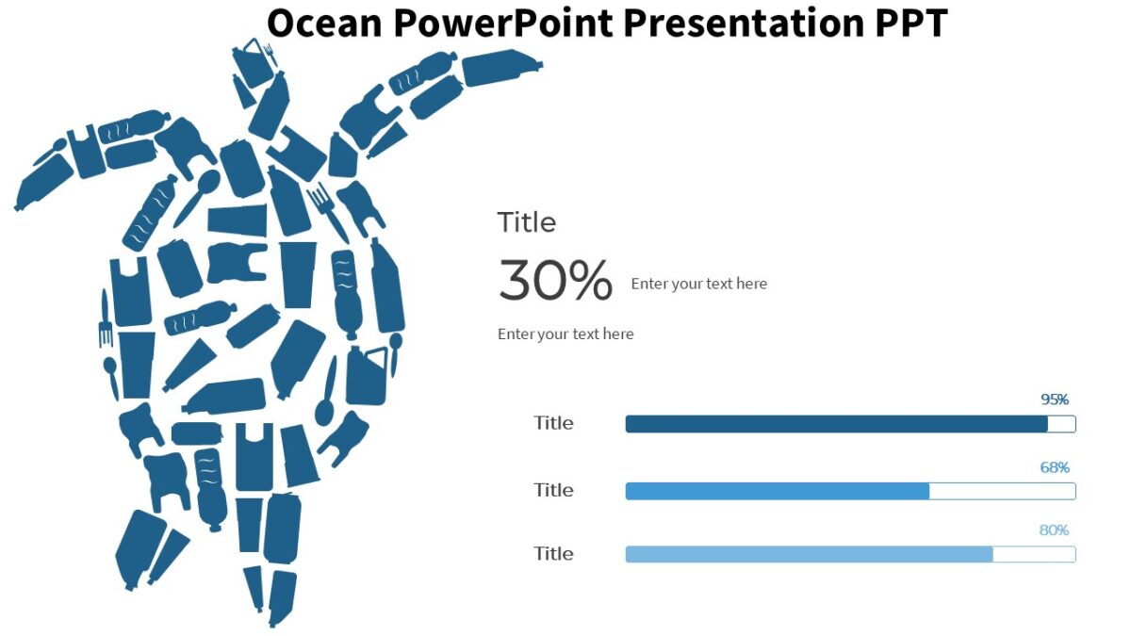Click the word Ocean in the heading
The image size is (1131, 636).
(323, 23)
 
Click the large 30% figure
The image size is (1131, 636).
(555, 281)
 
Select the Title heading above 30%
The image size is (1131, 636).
(527, 222)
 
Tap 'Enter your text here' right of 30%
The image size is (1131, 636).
(698, 284)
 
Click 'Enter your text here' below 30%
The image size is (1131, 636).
(565, 334)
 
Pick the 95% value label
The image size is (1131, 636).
(1055, 400)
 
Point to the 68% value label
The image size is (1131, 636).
(1055, 467)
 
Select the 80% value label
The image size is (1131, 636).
(1054, 530)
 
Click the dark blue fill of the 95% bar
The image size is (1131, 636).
(836, 425)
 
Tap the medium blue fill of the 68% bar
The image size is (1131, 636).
(777, 491)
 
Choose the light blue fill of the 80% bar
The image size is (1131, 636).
(809, 554)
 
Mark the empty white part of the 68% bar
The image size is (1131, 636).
(1002, 491)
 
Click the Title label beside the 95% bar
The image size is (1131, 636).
(553, 423)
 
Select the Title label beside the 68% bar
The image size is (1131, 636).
(553, 490)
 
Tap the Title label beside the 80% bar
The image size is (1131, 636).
(553, 553)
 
